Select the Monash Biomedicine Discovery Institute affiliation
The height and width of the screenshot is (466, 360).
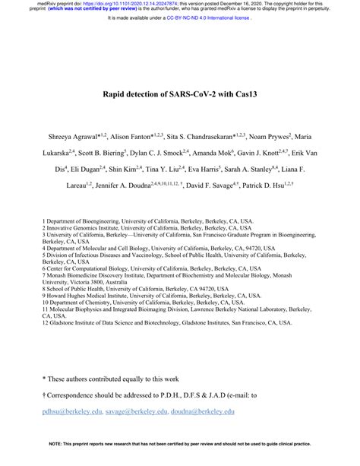[x=175, y=278]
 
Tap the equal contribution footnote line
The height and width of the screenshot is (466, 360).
[x=114, y=378]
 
